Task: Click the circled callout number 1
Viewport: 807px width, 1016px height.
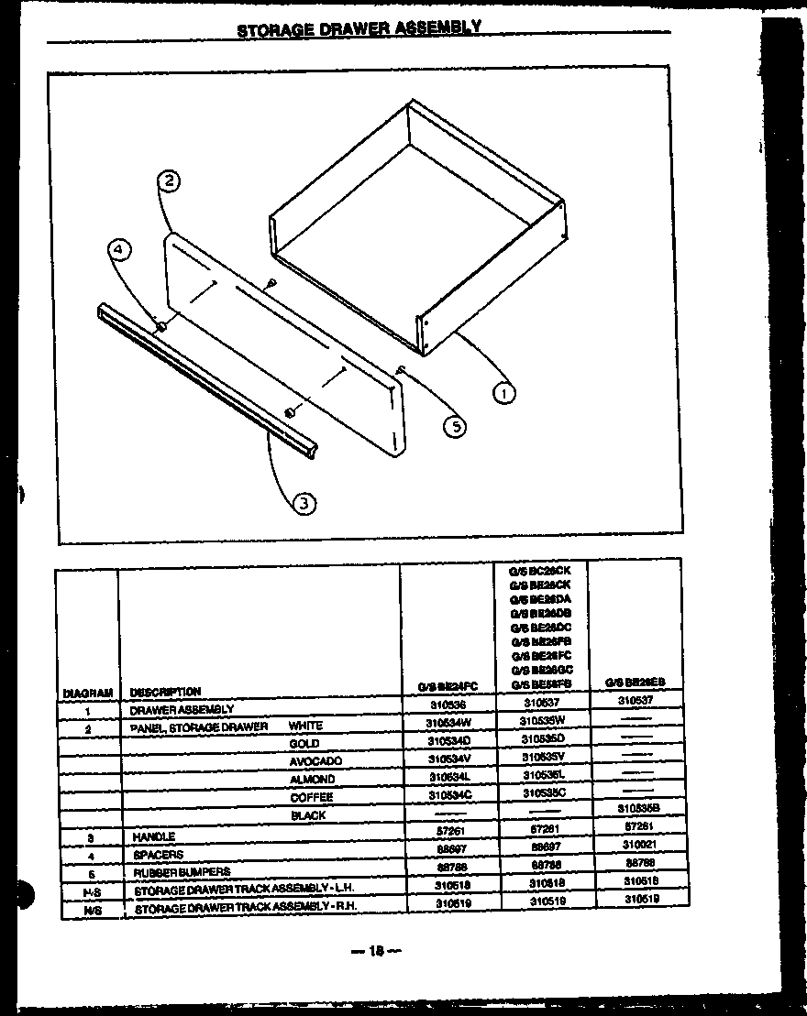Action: point(503,394)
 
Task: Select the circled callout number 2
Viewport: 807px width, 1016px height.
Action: point(169,181)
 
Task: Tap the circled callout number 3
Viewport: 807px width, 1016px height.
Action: point(304,502)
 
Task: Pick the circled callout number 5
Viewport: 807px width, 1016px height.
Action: point(453,424)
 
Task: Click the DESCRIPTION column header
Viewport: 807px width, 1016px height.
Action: point(165,692)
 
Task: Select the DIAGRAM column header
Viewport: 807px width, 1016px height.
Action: point(88,693)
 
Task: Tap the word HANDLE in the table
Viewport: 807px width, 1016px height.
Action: point(153,836)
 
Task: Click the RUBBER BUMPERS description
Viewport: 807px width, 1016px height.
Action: point(180,872)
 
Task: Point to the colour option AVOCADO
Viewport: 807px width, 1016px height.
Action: point(315,761)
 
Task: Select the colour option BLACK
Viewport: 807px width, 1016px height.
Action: point(308,814)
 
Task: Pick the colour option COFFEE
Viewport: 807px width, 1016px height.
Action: point(312,797)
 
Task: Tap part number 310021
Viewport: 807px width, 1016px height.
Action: point(636,845)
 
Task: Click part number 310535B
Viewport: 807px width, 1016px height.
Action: point(636,809)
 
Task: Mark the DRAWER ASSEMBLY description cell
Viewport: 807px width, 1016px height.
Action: point(182,709)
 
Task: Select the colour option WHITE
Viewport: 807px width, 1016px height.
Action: point(305,726)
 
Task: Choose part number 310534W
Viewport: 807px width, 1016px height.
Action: point(448,723)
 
